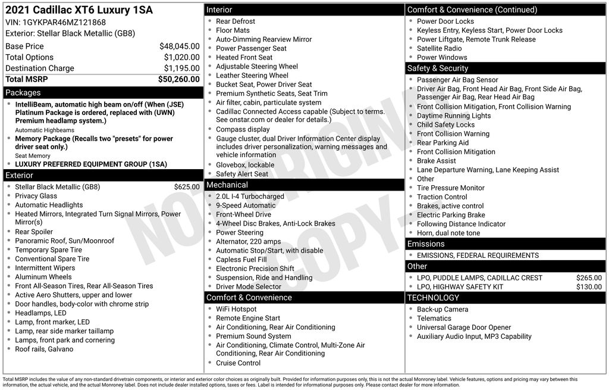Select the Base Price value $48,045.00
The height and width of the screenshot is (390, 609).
(179, 46)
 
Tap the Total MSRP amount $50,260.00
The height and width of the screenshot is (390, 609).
(178, 79)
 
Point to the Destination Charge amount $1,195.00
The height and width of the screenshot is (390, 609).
(181, 68)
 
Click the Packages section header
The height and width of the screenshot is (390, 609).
(23, 93)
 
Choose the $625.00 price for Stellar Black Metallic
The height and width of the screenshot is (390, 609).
(187, 187)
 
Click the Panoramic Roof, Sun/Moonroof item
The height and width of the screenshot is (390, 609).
(65, 241)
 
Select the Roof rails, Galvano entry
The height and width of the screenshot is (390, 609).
(44, 350)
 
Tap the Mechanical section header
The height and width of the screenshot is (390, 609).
(227, 185)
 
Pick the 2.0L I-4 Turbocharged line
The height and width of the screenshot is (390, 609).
(250, 196)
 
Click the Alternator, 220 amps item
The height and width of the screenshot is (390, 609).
(248, 242)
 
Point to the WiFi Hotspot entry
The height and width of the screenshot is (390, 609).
(236, 310)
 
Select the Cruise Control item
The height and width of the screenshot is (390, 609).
(238, 363)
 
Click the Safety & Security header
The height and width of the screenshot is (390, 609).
(438, 68)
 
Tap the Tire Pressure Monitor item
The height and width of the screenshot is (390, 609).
(450, 188)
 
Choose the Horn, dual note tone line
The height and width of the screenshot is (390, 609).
(448, 233)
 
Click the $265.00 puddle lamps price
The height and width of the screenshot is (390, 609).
(589, 278)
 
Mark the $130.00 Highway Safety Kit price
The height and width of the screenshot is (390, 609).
(589, 287)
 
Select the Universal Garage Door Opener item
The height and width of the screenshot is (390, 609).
(464, 327)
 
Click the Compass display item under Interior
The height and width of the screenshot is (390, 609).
(243, 129)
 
